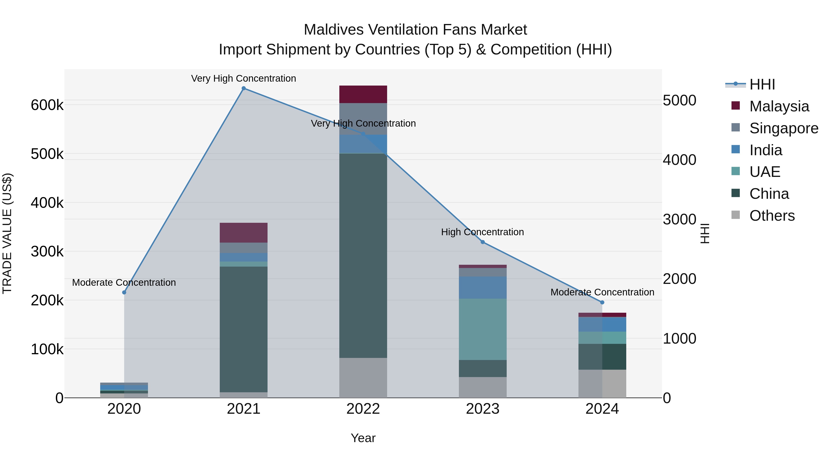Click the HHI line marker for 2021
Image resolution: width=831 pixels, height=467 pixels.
point(244,88)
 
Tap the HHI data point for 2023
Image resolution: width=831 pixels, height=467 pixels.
point(483,242)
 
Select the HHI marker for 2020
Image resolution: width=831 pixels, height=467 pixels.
point(124,292)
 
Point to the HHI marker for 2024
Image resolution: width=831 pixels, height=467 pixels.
point(602,302)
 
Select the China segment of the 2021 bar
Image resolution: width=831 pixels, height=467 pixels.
point(244,329)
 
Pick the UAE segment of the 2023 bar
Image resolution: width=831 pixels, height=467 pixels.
point(483,329)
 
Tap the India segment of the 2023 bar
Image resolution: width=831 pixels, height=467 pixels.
point(483,288)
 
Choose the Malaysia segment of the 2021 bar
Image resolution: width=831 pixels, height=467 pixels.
point(244,232)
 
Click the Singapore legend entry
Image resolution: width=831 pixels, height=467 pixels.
point(784,128)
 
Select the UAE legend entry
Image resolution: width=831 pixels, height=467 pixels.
point(765,172)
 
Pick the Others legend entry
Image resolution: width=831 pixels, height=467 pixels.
point(772,216)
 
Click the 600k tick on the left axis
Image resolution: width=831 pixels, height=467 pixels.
point(47,105)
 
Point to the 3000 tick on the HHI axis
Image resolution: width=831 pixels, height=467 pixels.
point(679,220)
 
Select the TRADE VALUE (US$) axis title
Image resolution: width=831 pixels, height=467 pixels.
point(7,233)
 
